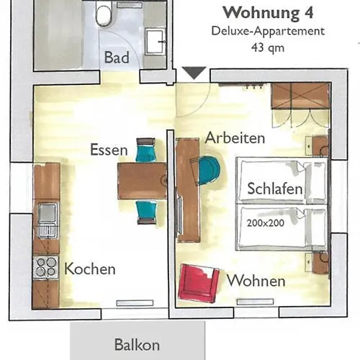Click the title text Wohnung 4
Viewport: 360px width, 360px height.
click(267, 13)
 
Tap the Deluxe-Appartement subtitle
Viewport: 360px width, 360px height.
click(268, 31)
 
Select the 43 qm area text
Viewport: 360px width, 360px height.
click(267, 48)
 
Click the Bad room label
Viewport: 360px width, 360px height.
click(117, 58)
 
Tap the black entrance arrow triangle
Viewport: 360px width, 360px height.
click(194, 73)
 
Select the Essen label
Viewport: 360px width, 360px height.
click(109, 150)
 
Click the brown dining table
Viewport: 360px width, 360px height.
click(143, 180)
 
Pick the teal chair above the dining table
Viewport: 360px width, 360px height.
click(146, 151)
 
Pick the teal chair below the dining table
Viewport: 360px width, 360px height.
click(146, 210)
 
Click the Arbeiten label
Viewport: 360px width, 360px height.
click(235, 138)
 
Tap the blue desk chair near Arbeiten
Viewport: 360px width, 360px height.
click(209, 171)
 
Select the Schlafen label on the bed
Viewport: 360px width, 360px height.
click(274, 189)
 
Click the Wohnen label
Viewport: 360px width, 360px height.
click(256, 281)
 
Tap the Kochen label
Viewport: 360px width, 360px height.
click(90, 269)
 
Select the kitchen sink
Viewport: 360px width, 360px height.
click(48, 215)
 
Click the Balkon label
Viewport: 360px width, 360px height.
click(137, 345)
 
